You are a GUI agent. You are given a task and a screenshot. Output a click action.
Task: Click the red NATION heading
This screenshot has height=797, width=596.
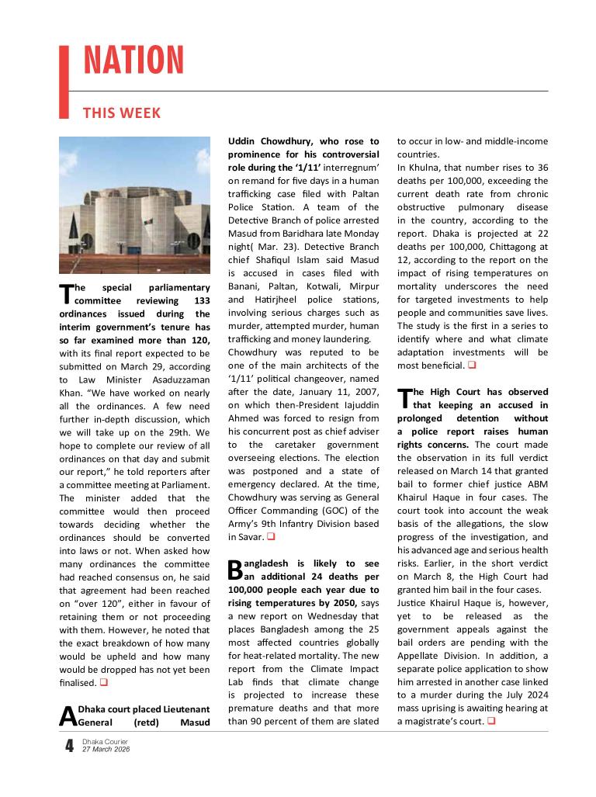pyautogui.click(x=133, y=61)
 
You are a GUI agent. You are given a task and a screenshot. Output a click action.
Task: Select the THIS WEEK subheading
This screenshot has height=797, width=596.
pyautogui.click(x=122, y=113)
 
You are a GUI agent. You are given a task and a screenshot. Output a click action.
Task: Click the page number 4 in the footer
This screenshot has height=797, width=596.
pyautogui.click(x=69, y=747)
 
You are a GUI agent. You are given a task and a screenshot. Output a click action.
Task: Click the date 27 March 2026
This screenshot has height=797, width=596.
pyautogui.click(x=106, y=750)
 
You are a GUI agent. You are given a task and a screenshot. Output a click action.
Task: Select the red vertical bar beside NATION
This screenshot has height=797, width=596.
pyautogui.click(x=64, y=81)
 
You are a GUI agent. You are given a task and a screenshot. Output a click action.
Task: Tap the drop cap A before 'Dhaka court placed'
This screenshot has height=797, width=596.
pyautogui.click(x=68, y=716)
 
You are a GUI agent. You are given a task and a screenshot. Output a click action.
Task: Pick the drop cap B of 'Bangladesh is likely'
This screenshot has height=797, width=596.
pyautogui.click(x=235, y=570)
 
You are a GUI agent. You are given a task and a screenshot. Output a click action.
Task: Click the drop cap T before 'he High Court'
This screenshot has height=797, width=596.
pyautogui.click(x=404, y=399)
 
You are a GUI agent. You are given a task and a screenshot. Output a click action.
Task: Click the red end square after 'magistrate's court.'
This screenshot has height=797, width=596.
pyautogui.click(x=492, y=722)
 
